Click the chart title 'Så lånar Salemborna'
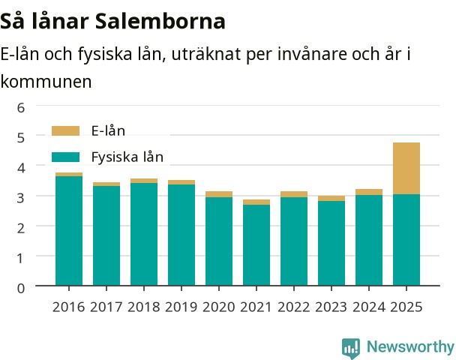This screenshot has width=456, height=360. [x=112, y=21]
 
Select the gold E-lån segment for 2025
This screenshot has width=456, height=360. [x=406, y=168]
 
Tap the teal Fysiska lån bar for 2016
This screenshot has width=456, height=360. [x=69, y=231]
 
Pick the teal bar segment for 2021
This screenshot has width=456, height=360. [x=256, y=245]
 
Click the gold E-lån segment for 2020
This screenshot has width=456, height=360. [x=219, y=194]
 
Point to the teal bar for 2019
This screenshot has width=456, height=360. [x=181, y=235]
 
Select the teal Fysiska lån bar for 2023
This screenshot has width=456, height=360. [x=331, y=243]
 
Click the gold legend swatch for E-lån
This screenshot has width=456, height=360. [x=65, y=130]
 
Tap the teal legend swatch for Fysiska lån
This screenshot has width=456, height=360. [x=65, y=157]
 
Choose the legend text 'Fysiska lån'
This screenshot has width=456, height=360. [x=127, y=157]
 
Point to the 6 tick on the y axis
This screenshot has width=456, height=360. [x=21, y=108]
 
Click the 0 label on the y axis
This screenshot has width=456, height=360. [x=21, y=288]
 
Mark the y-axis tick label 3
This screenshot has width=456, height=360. [x=21, y=198]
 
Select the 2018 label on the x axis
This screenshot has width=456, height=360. [x=144, y=307]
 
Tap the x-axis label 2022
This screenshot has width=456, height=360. [x=294, y=307]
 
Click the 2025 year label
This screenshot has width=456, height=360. [x=406, y=307]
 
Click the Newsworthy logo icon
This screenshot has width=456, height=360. [x=351, y=348]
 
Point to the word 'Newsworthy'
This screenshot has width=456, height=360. [x=410, y=346]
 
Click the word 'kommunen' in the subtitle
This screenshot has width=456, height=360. [x=46, y=82]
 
